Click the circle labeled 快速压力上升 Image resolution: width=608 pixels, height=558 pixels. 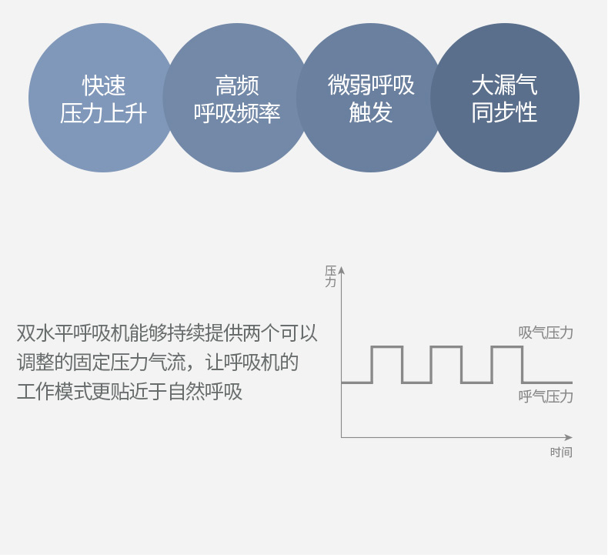click(x=103, y=98)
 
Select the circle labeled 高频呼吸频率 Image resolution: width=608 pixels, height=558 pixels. click(x=237, y=98)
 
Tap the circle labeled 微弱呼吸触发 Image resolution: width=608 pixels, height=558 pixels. click(x=371, y=98)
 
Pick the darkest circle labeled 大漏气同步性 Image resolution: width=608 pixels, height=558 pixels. click(x=504, y=98)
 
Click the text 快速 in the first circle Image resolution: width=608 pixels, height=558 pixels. click(x=104, y=85)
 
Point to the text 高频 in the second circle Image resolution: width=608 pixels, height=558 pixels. click(x=237, y=85)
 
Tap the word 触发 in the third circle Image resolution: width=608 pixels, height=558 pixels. click(x=371, y=113)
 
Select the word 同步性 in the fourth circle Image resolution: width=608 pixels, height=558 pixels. click(x=504, y=113)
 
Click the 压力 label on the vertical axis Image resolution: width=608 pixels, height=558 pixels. click(x=330, y=276)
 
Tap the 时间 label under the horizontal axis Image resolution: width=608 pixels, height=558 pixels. click(x=561, y=452)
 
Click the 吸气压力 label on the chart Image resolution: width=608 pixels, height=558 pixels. click(x=546, y=332)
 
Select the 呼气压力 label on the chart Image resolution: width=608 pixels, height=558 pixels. click(x=546, y=396)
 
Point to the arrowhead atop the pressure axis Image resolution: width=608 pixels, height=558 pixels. click(x=341, y=270)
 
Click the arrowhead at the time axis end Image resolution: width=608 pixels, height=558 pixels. click(x=569, y=437)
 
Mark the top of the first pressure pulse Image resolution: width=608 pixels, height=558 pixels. click(x=387, y=346)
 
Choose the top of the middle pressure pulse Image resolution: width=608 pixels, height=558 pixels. click(x=446, y=346)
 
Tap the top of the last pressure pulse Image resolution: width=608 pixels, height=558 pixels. click(x=507, y=346)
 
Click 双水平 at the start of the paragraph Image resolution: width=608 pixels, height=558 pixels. click(x=45, y=332)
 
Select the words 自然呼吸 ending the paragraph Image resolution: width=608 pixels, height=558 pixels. click(x=205, y=392)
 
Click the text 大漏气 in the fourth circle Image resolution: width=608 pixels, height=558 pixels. click(x=504, y=85)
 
